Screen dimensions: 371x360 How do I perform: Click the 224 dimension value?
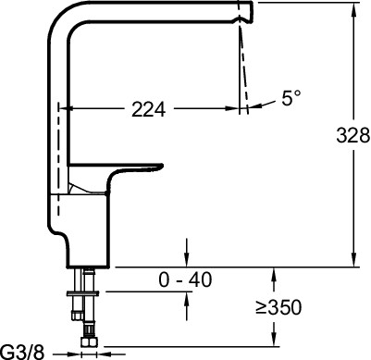click(149, 109)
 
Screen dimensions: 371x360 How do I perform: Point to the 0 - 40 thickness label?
click(185, 279)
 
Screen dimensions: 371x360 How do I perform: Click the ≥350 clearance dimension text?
click(278, 307)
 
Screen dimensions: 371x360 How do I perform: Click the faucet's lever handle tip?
click(160, 167)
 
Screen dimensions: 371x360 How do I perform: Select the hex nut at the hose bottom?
click(89, 342)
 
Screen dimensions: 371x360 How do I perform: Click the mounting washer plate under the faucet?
click(82, 293)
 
